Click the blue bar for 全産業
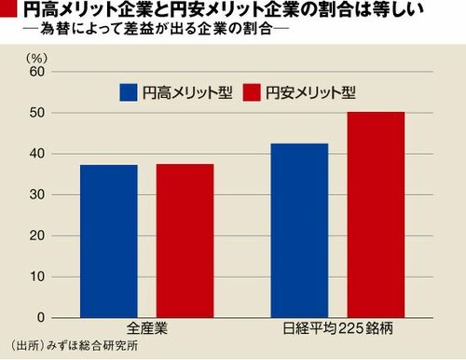pos(109,242)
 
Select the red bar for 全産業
pos(185,241)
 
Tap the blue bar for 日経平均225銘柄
pos(299,230)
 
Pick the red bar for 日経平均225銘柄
pos(376,215)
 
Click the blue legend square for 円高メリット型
pos(129,92)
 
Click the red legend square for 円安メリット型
pos(252,92)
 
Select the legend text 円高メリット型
pos(187,92)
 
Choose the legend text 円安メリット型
pos(310,92)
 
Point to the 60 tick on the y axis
pos(37,72)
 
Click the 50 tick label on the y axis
pos(37,113)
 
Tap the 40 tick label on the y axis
pos(37,154)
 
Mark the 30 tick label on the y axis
pos(37,195)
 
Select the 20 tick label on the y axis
pos(37,236)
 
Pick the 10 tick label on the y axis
pos(37,277)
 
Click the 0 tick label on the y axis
pos(41,317)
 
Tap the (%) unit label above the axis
pos(37,58)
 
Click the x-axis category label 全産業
pos(147,328)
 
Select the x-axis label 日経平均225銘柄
pos(338,328)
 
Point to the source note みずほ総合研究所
pos(92,346)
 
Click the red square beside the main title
pos(8,8)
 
